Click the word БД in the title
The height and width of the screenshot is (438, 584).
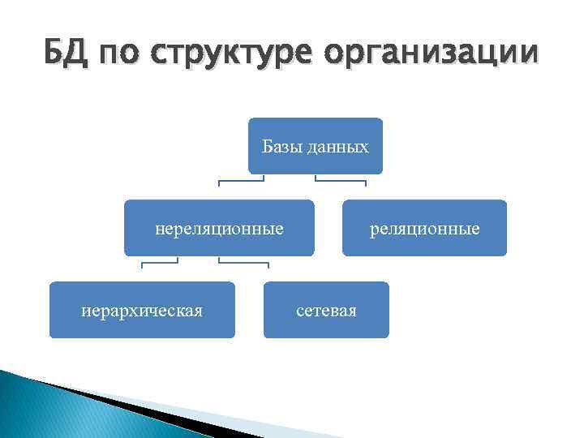point(63,54)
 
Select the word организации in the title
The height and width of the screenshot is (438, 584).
point(430,54)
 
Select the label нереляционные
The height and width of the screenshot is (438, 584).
point(219,229)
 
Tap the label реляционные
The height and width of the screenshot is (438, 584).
point(424,229)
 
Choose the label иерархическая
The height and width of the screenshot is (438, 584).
point(142,310)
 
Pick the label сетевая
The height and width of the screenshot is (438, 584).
point(326,310)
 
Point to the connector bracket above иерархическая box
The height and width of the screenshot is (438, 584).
point(160,262)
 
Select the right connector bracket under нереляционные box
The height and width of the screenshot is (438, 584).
point(243,262)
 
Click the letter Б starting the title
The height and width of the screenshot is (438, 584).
point(53,54)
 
